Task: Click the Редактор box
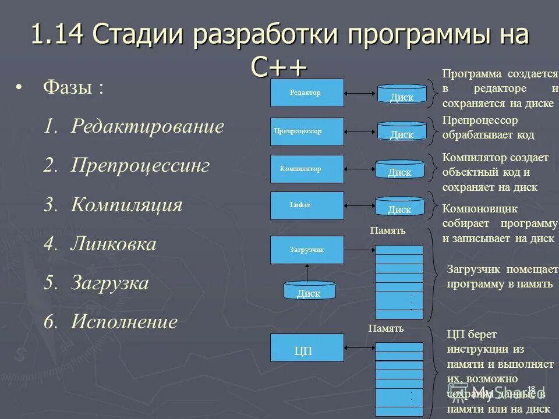point(307,93)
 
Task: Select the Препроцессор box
point(307,132)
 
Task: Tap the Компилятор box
point(307,169)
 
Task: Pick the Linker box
point(307,205)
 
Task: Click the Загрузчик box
point(307,250)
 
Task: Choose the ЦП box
point(307,348)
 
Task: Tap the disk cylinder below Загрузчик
point(309,290)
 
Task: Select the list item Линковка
point(114,244)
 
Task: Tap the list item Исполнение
point(124,322)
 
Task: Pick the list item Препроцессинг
point(140,166)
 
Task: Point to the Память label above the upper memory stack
point(387,231)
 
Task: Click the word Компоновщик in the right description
point(480,209)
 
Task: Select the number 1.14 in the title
point(57,35)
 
